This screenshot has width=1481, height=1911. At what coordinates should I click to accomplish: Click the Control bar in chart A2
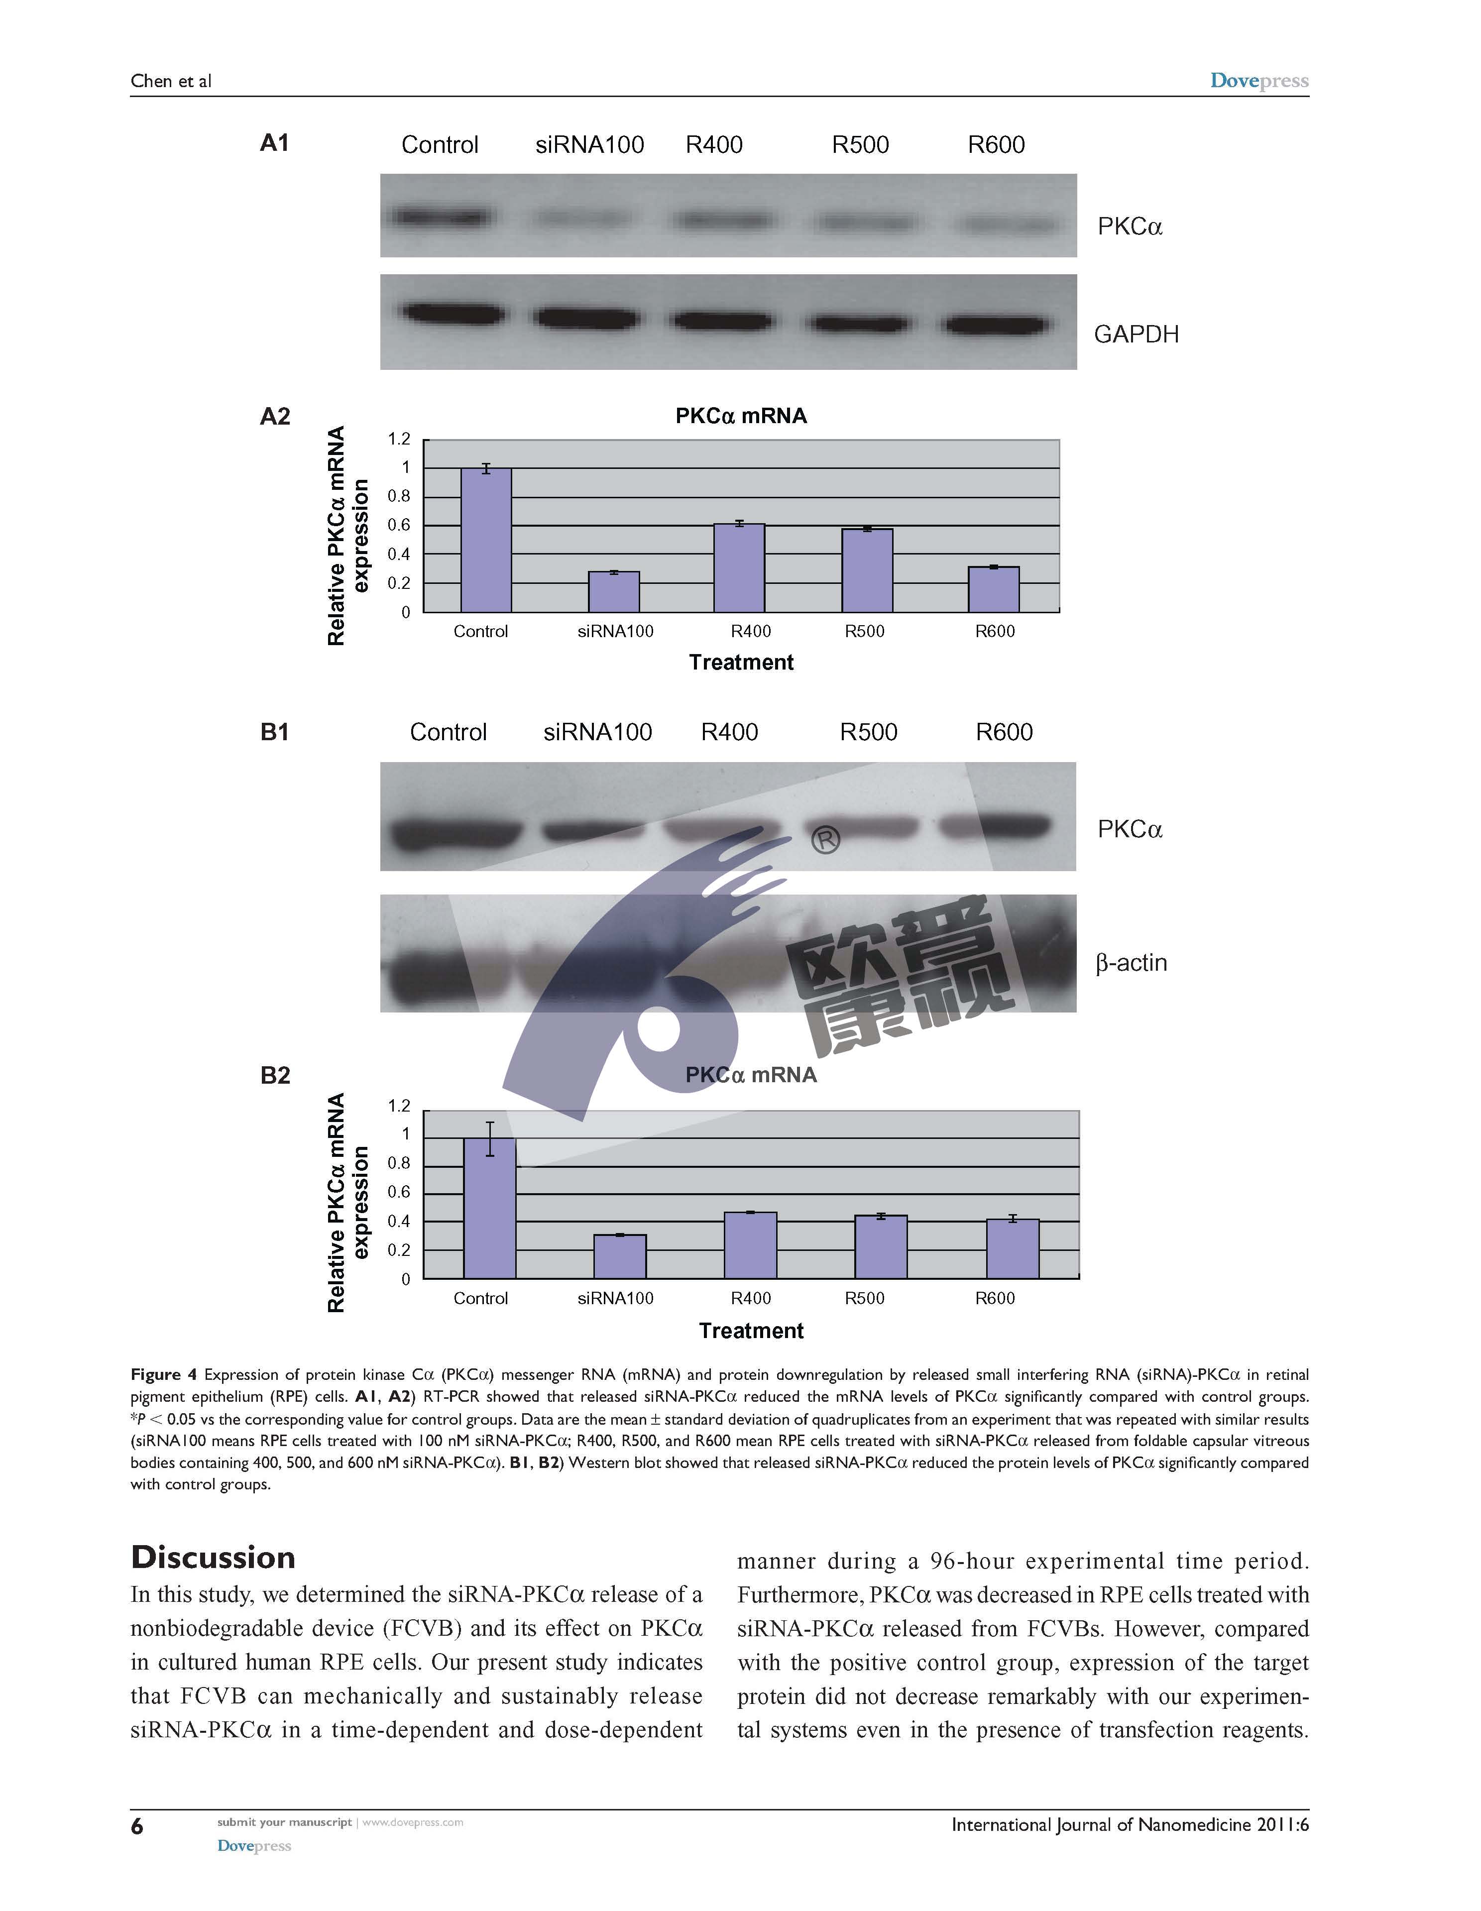pyautogui.click(x=486, y=540)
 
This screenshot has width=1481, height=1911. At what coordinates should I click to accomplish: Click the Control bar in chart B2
pyautogui.click(x=489, y=1208)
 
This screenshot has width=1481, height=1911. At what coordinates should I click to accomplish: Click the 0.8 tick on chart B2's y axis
pyautogui.click(x=399, y=1163)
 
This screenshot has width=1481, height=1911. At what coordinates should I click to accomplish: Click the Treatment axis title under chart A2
pyautogui.click(x=741, y=663)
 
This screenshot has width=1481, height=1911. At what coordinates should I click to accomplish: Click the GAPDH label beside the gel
pyautogui.click(x=1136, y=334)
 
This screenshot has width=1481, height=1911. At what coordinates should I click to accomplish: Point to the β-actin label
pyautogui.click(x=1131, y=963)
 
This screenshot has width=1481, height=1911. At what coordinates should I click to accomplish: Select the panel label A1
pyautogui.click(x=275, y=143)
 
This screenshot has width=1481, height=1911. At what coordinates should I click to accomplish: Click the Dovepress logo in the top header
pyautogui.click(x=1258, y=81)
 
